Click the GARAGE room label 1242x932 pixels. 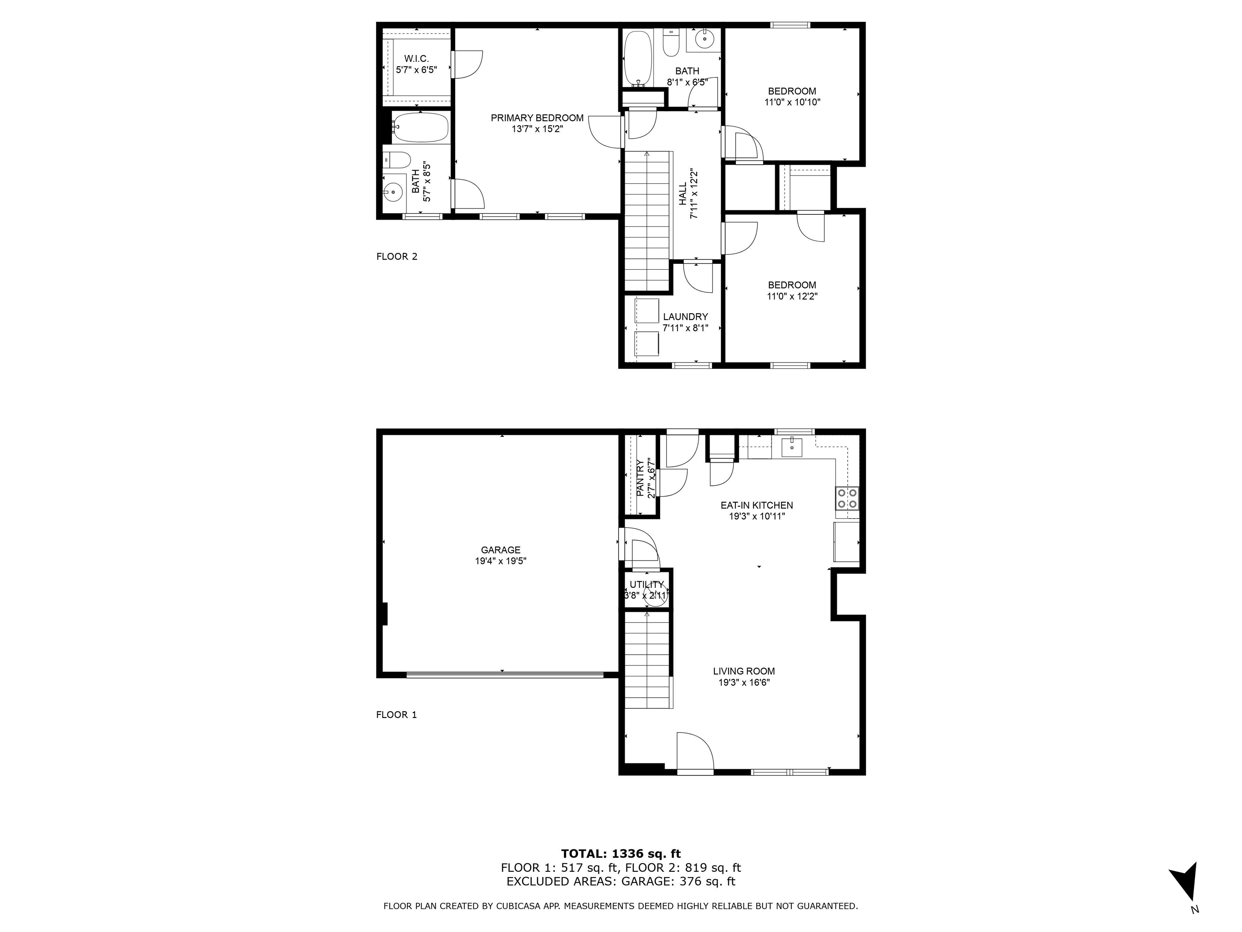click(500, 550)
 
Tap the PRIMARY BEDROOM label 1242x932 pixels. click(537, 118)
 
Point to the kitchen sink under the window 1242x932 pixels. click(792, 447)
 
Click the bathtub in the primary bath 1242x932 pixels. click(420, 127)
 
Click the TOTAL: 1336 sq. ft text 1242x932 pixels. click(621, 854)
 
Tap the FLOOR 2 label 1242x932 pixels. click(396, 257)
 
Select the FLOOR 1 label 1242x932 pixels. click(396, 715)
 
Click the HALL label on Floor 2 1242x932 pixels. click(682, 194)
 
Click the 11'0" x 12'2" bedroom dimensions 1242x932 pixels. click(792, 297)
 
